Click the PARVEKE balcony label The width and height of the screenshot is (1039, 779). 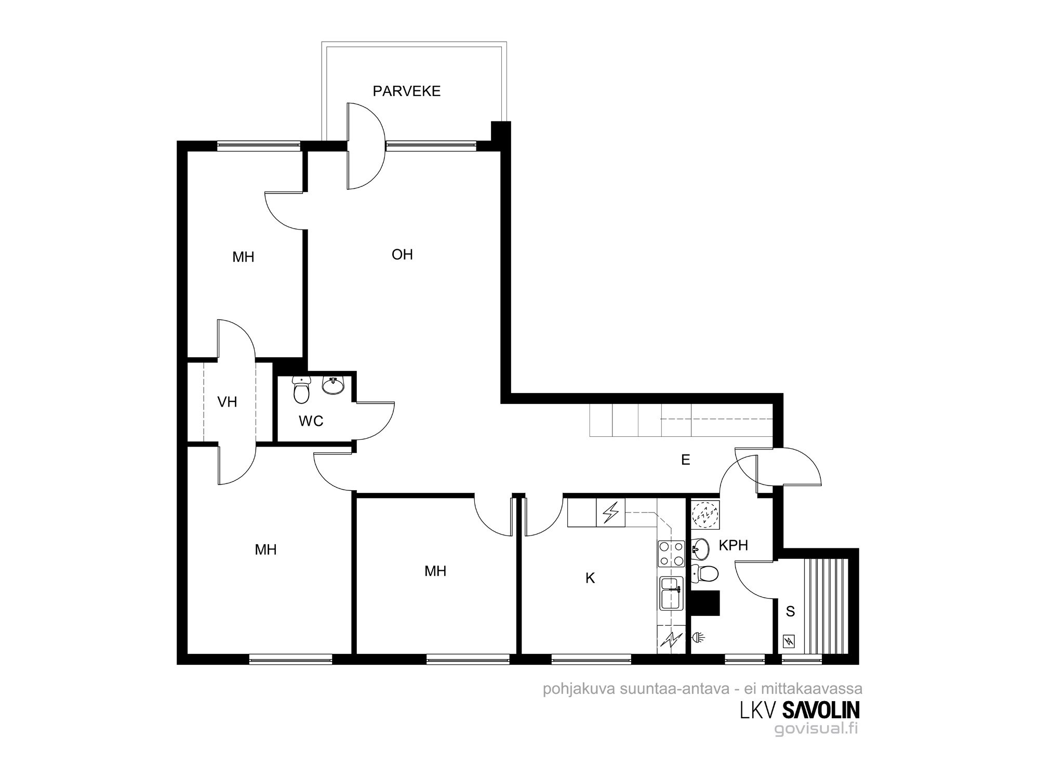coord(407,91)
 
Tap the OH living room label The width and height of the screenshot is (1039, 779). coord(402,254)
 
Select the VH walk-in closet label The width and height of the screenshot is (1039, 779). coord(228,401)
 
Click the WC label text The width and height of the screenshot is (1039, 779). coord(311,421)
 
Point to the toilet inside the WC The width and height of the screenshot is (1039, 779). coord(301,390)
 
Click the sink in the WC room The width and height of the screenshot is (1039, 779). coord(333,385)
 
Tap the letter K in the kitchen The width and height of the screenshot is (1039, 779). coord(590,578)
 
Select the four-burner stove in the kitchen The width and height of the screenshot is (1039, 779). coord(671,554)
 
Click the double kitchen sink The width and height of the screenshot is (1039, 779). coord(671,594)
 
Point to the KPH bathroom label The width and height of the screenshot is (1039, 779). coord(734,545)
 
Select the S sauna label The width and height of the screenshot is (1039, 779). coord(790,612)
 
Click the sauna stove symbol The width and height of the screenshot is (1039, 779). coord(789,641)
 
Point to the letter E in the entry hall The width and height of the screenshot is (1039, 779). coord(686,460)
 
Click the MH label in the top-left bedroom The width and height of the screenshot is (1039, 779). coord(243,257)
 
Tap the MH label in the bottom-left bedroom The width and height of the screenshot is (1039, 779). coord(265,549)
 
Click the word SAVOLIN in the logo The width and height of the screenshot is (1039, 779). coord(820,710)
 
